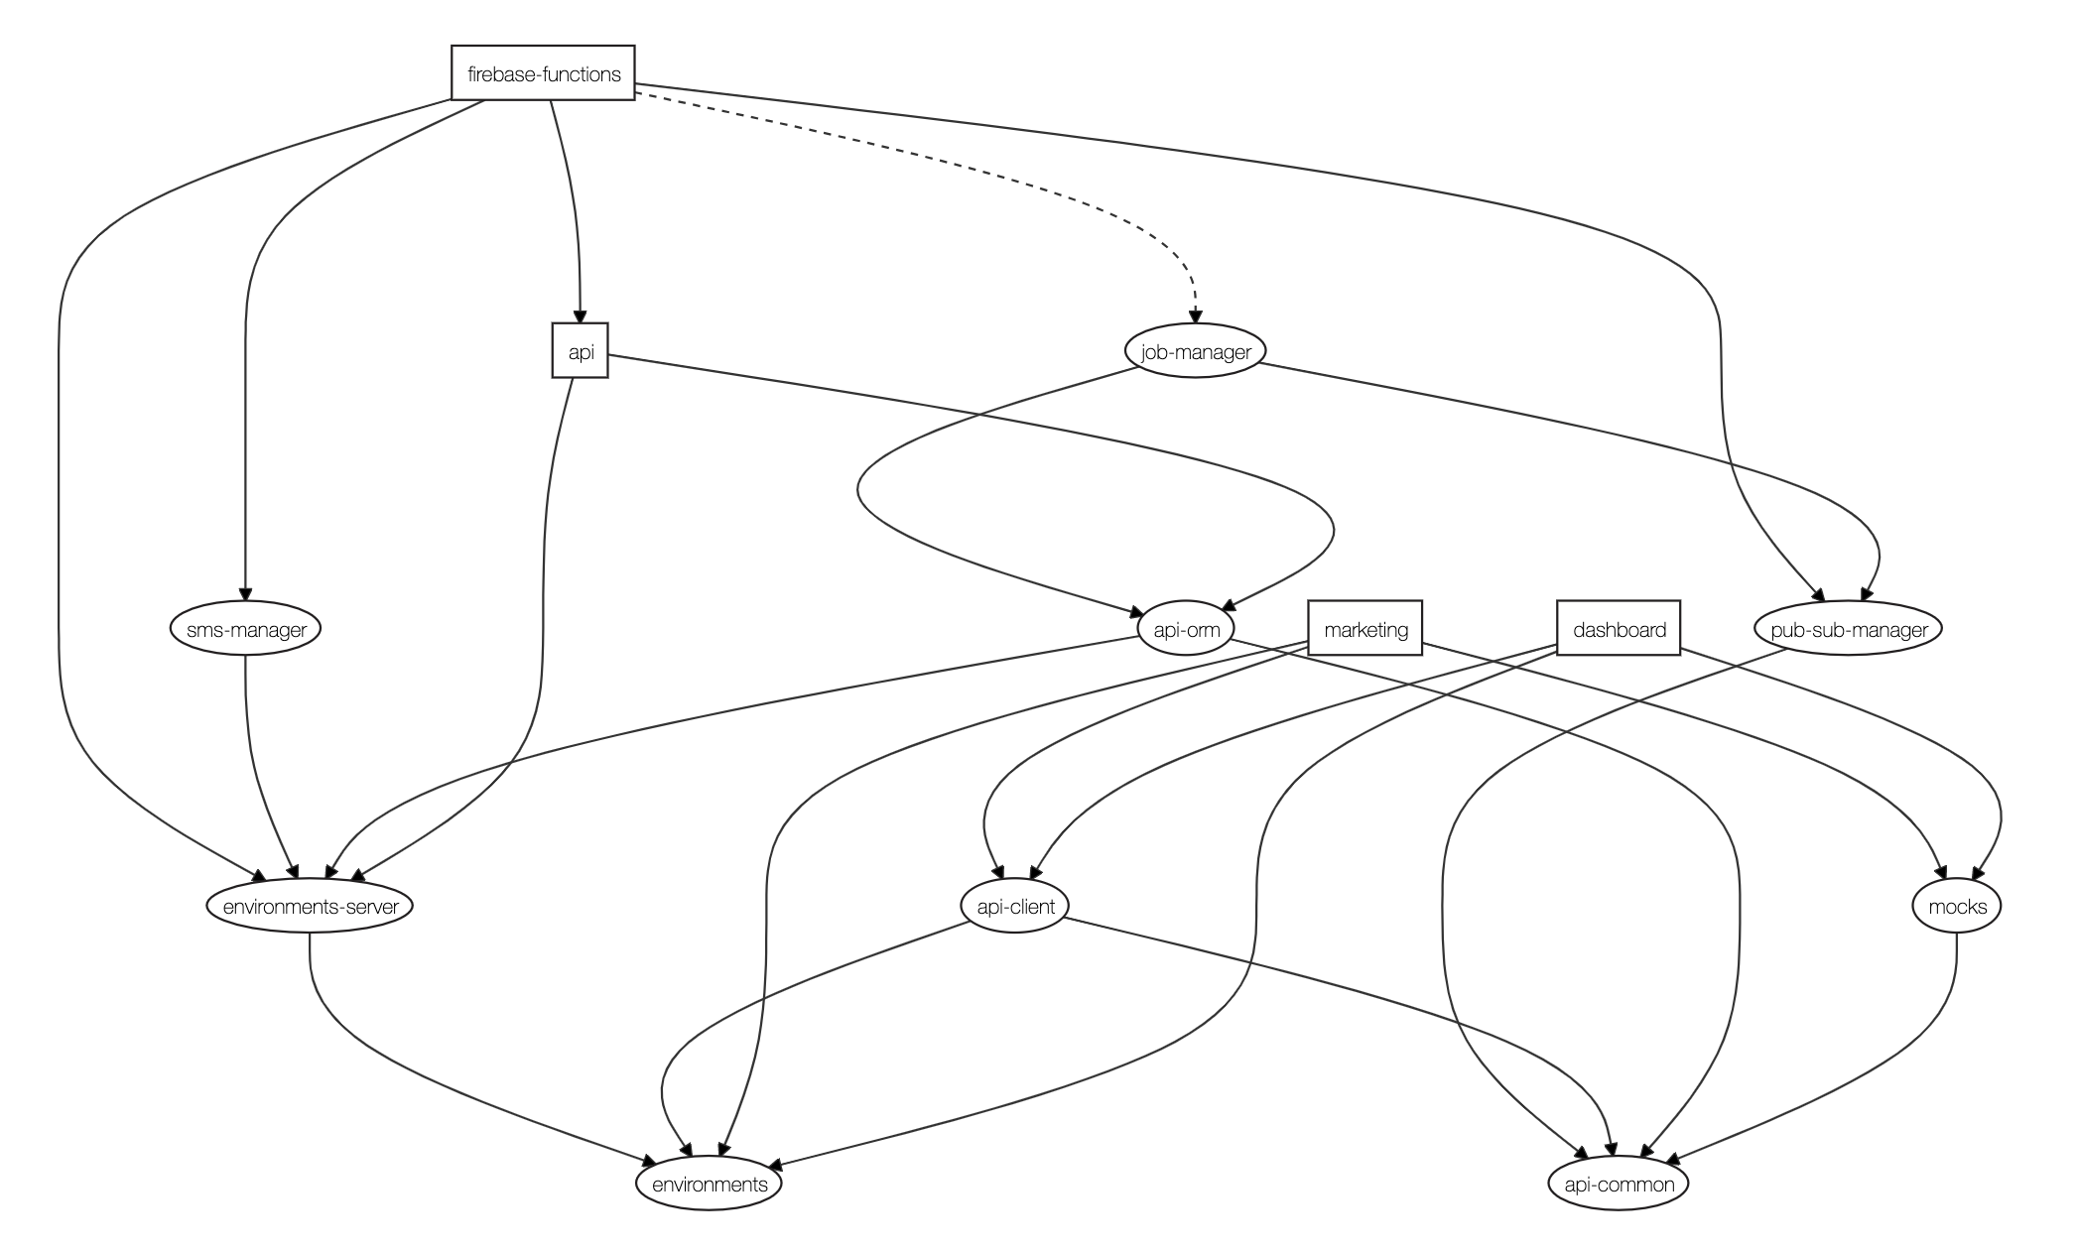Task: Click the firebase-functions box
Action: (x=543, y=73)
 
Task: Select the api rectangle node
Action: (x=580, y=351)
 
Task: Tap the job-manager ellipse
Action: (x=1195, y=351)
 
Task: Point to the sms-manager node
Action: (x=245, y=629)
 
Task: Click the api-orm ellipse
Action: (x=1186, y=629)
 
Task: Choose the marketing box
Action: (x=1365, y=629)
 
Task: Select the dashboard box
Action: (x=1619, y=629)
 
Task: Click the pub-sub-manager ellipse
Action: (x=1848, y=629)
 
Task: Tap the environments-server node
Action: (x=311, y=906)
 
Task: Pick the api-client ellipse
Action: (x=1015, y=906)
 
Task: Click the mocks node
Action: (x=1957, y=906)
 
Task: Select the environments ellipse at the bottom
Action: (x=709, y=1184)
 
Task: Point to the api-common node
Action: (x=1619, y=1184)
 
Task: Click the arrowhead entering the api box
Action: (x=581, y=315)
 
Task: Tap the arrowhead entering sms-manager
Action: (x=245, y=593)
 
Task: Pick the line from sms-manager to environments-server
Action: (x=252, y=764)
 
